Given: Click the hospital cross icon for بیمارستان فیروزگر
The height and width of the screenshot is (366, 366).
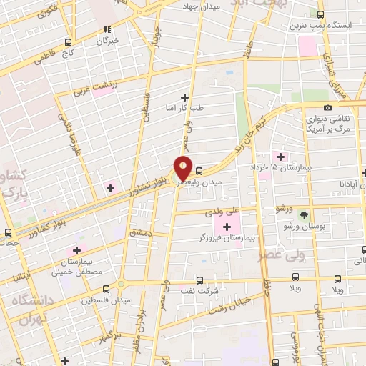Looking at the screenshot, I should tap(227, 227).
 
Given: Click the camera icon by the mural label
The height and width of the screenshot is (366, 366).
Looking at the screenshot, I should tap(327, 107).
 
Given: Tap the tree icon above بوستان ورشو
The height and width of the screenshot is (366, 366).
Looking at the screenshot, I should tap(305, 214).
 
